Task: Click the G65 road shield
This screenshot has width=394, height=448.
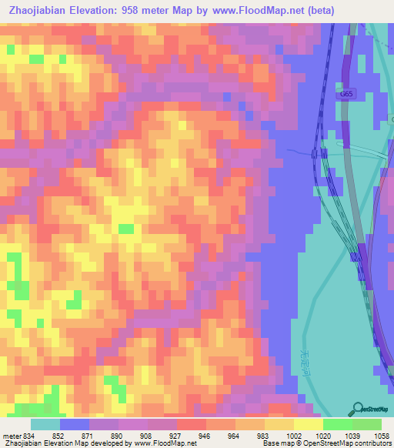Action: click(x=346, y=93)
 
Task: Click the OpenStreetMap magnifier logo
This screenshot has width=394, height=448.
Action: click(x=357, y=409)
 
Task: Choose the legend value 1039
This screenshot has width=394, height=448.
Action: click(x=352, y=434)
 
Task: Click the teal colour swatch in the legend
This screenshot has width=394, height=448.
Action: click(x=45, y=424)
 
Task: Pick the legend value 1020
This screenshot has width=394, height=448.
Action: click(x=322, y=434)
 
